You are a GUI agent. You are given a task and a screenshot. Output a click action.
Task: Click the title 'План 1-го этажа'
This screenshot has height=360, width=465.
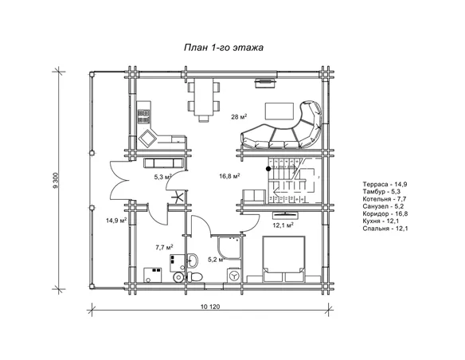click(x=224, y=48)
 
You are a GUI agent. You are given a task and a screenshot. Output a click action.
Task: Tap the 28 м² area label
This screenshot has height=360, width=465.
click(x=239, y=117)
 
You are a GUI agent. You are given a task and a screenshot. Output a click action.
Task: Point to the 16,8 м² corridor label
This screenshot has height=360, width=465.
click(x=229, y=176)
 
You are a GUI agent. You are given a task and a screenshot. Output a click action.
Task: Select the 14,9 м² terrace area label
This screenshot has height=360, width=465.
click(x=116, y=221)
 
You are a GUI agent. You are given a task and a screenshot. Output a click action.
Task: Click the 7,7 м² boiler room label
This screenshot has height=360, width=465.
click(x=164, y=248)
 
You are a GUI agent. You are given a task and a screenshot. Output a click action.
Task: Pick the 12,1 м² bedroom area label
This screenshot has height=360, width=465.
click(x=283, y=225)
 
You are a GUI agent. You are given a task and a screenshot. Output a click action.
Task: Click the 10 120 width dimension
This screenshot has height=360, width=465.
click(x=210, y=307)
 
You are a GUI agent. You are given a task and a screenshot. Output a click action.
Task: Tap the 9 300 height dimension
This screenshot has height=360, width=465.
click(x=57, y=180)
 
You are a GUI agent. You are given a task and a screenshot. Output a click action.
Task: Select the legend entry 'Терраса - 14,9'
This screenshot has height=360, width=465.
click(x=385, y=184)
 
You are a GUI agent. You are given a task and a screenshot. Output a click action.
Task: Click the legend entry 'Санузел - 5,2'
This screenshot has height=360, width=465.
click(x=383, y=206)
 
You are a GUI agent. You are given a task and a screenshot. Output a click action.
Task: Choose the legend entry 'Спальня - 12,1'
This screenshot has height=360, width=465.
click(x=385, y=229)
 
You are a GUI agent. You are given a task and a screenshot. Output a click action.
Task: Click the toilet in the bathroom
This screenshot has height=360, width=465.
click(x=194, y=276)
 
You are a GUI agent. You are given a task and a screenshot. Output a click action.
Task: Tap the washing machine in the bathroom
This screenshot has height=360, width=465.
click(x=234, y=276)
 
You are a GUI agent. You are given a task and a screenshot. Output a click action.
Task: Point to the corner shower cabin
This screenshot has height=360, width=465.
click(x=229, y=248)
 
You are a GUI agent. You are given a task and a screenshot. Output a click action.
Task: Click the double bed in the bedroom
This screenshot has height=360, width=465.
click(x=283, y=259)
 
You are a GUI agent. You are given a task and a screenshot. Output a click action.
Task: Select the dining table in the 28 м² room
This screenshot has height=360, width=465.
click(x=204, y=97)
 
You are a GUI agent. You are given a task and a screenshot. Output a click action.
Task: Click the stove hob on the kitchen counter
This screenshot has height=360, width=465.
click(x=143, y=116)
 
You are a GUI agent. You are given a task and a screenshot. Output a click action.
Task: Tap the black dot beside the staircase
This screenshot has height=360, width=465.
click(x=268, y=169)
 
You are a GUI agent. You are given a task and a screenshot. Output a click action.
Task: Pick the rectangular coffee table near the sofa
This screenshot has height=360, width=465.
click(x=279, y=111)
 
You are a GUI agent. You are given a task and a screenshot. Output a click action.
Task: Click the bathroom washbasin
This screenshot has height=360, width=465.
click(x=192, y=260)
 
